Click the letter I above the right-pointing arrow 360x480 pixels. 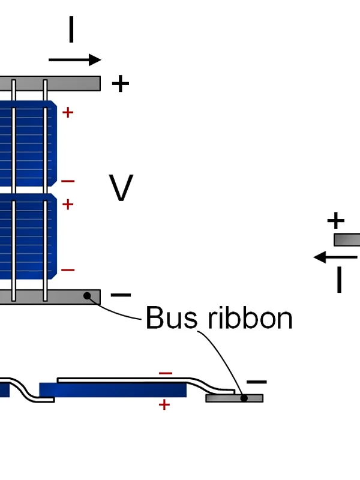(71, 30)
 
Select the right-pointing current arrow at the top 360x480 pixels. (75, 59)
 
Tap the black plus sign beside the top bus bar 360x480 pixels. (121, 83)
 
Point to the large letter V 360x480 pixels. (121, 188)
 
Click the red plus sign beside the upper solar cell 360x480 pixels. (68, 112)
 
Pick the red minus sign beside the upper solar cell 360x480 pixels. (68, 181)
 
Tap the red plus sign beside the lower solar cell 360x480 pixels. (68, 205)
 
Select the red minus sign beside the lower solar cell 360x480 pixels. (68, 270)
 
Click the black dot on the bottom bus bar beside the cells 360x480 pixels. (88, 295)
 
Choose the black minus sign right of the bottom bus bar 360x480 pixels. (121, 295)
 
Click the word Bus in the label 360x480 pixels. (172, 318)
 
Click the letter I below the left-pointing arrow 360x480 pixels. (339, 280)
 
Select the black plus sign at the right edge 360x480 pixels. (336, 221)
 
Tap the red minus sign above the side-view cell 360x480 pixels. (166, 373)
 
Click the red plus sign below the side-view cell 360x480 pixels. (164, 405)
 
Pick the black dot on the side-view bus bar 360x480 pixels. (244, 397)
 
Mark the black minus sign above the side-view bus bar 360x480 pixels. (257, 382)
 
